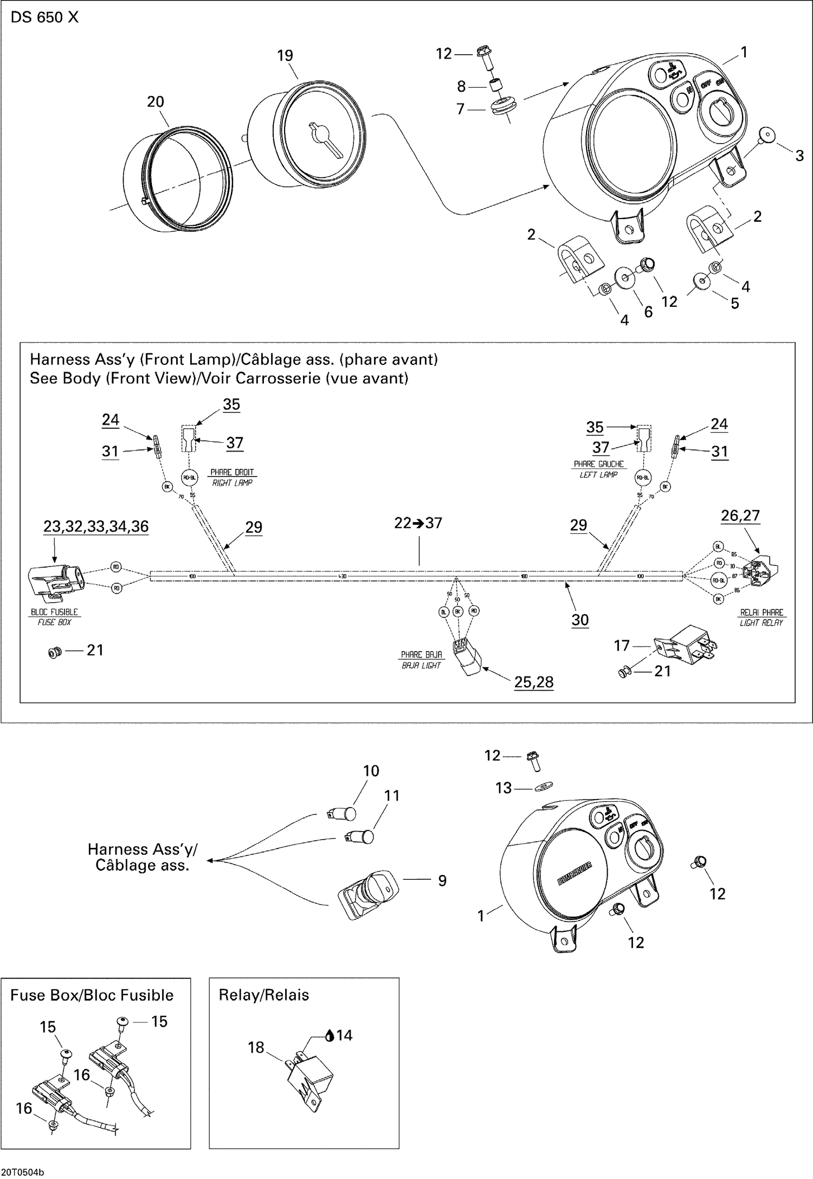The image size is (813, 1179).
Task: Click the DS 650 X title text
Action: pos(44,17)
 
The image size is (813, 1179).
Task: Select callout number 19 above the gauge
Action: pos(285,55)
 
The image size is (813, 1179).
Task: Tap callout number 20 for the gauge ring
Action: pos(156,101)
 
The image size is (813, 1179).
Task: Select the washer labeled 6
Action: pos(625,277)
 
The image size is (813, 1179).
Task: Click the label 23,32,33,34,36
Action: pos(96,526)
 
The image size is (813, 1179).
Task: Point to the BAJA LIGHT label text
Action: pos(422,665)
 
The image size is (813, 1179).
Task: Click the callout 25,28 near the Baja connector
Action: pos(534,681)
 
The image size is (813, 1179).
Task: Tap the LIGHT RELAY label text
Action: pos(762,623)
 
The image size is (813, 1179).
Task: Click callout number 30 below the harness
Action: pos(580,620)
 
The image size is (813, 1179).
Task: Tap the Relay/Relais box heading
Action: pos(263,995)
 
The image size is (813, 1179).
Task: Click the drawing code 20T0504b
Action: pos(23,1172)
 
